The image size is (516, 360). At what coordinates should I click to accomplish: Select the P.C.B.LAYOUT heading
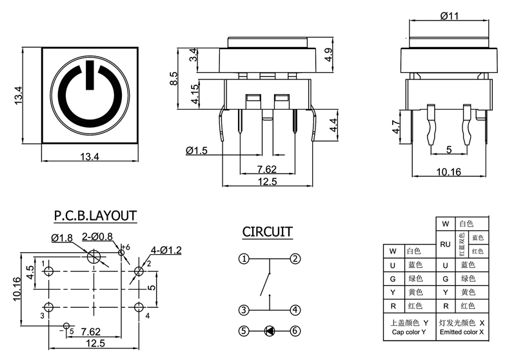[x=95, y=215]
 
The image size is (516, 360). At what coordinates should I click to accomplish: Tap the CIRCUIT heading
[x=268, y=232]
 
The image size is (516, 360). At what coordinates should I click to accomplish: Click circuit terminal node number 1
[x=244, y=259]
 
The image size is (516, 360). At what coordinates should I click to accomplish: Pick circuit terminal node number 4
[x=295, y=310]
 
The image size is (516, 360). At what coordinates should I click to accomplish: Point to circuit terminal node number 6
[x=295, y=331]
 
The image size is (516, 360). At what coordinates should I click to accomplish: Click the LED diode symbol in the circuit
[x=270, y=331]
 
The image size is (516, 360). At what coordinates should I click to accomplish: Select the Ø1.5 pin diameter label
[x=197, y=150]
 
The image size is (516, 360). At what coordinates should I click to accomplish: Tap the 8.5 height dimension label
[x=174, y=79]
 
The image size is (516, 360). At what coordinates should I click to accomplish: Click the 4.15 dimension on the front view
[x=193, y=97]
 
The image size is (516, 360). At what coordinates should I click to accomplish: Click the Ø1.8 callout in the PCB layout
[x=62, y=238]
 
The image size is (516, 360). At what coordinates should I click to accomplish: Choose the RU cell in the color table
[x=445, y=245]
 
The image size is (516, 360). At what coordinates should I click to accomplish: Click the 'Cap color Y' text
[x=408, y=332]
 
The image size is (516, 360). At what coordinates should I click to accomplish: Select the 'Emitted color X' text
[x=461, y=332]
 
